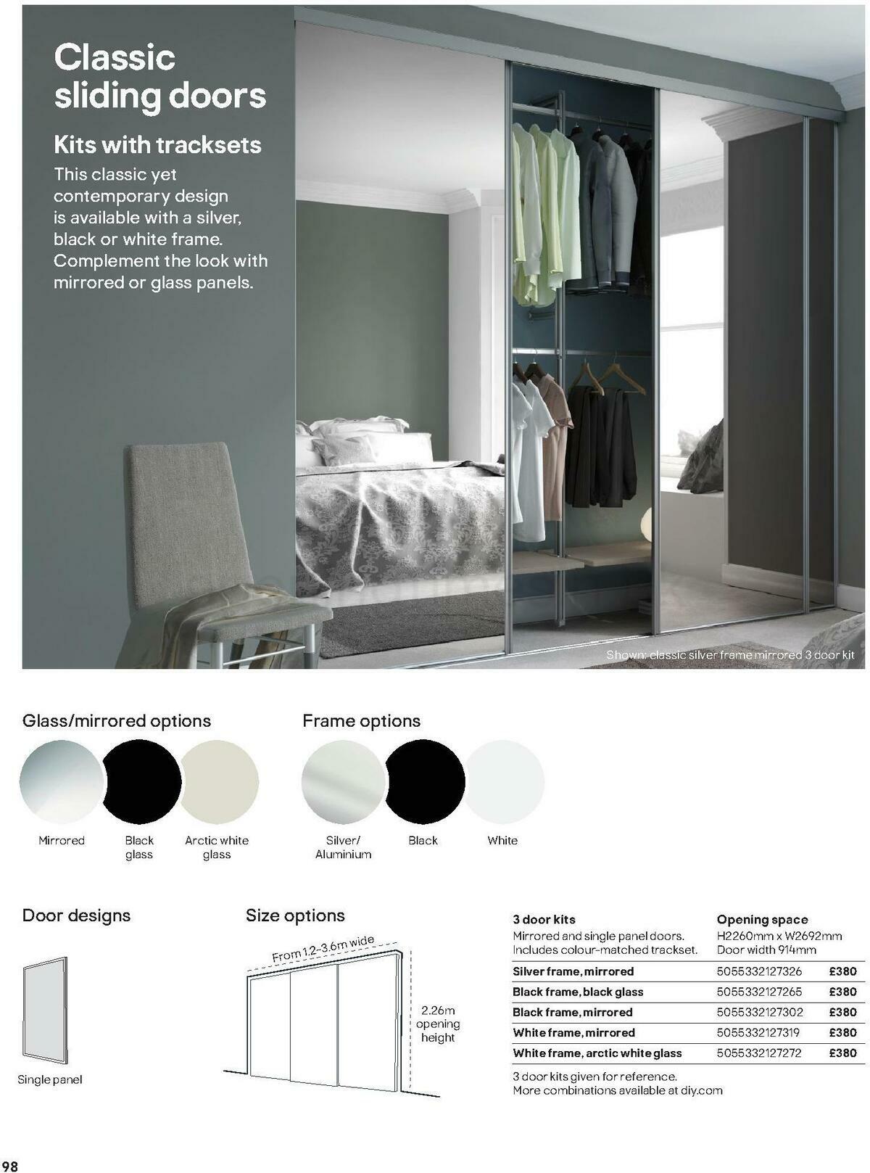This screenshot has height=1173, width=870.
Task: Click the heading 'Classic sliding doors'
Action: pos(159,76)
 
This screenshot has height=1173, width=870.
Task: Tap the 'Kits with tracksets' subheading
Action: pos(157,145)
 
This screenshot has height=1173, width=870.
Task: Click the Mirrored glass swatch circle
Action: pos(62,781)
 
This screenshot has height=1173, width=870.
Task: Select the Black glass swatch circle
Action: pos(141,781)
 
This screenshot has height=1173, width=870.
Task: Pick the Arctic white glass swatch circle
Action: pos(219,781)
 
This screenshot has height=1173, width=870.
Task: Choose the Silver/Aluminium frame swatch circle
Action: pos(343,781)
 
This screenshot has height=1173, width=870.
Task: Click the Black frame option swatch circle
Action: pos(424,781)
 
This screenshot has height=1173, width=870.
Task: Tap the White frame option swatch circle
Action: pos(504,781)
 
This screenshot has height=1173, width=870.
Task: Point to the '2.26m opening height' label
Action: pos(438,1024)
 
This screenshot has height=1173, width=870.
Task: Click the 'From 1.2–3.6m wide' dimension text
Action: pos(323,949)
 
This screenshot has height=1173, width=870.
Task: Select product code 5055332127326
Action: pos(759,971)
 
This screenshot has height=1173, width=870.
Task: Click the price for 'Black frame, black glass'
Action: pos(842,992)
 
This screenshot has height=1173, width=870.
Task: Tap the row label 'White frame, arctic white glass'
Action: pos(597,1053)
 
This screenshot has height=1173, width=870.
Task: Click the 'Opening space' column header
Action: pos(762,920)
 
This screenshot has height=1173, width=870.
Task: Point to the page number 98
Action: pos(10,1165)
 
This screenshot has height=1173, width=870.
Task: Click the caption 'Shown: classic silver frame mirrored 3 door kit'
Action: pos(730,655)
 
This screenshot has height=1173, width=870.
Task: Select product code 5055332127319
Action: pos(759,1032)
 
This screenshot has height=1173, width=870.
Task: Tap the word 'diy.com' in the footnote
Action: pos(701,1090)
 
